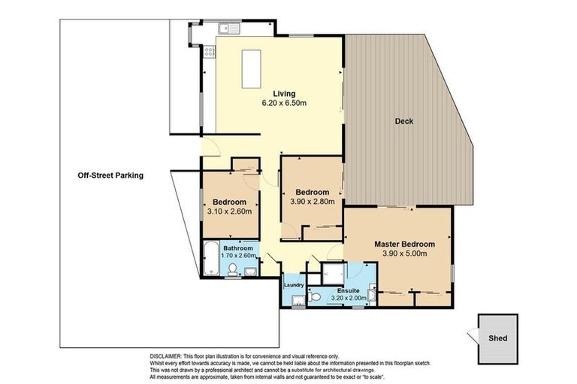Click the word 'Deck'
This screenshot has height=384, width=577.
pos(404,121)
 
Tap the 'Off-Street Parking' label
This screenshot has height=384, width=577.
pos(110,175)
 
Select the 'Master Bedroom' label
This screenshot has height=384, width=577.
pos(405,244)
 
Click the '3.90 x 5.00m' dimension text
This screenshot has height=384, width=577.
pos(405,253)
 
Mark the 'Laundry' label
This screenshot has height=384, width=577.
pos(294,285)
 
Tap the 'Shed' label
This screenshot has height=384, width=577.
pos(497,338)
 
